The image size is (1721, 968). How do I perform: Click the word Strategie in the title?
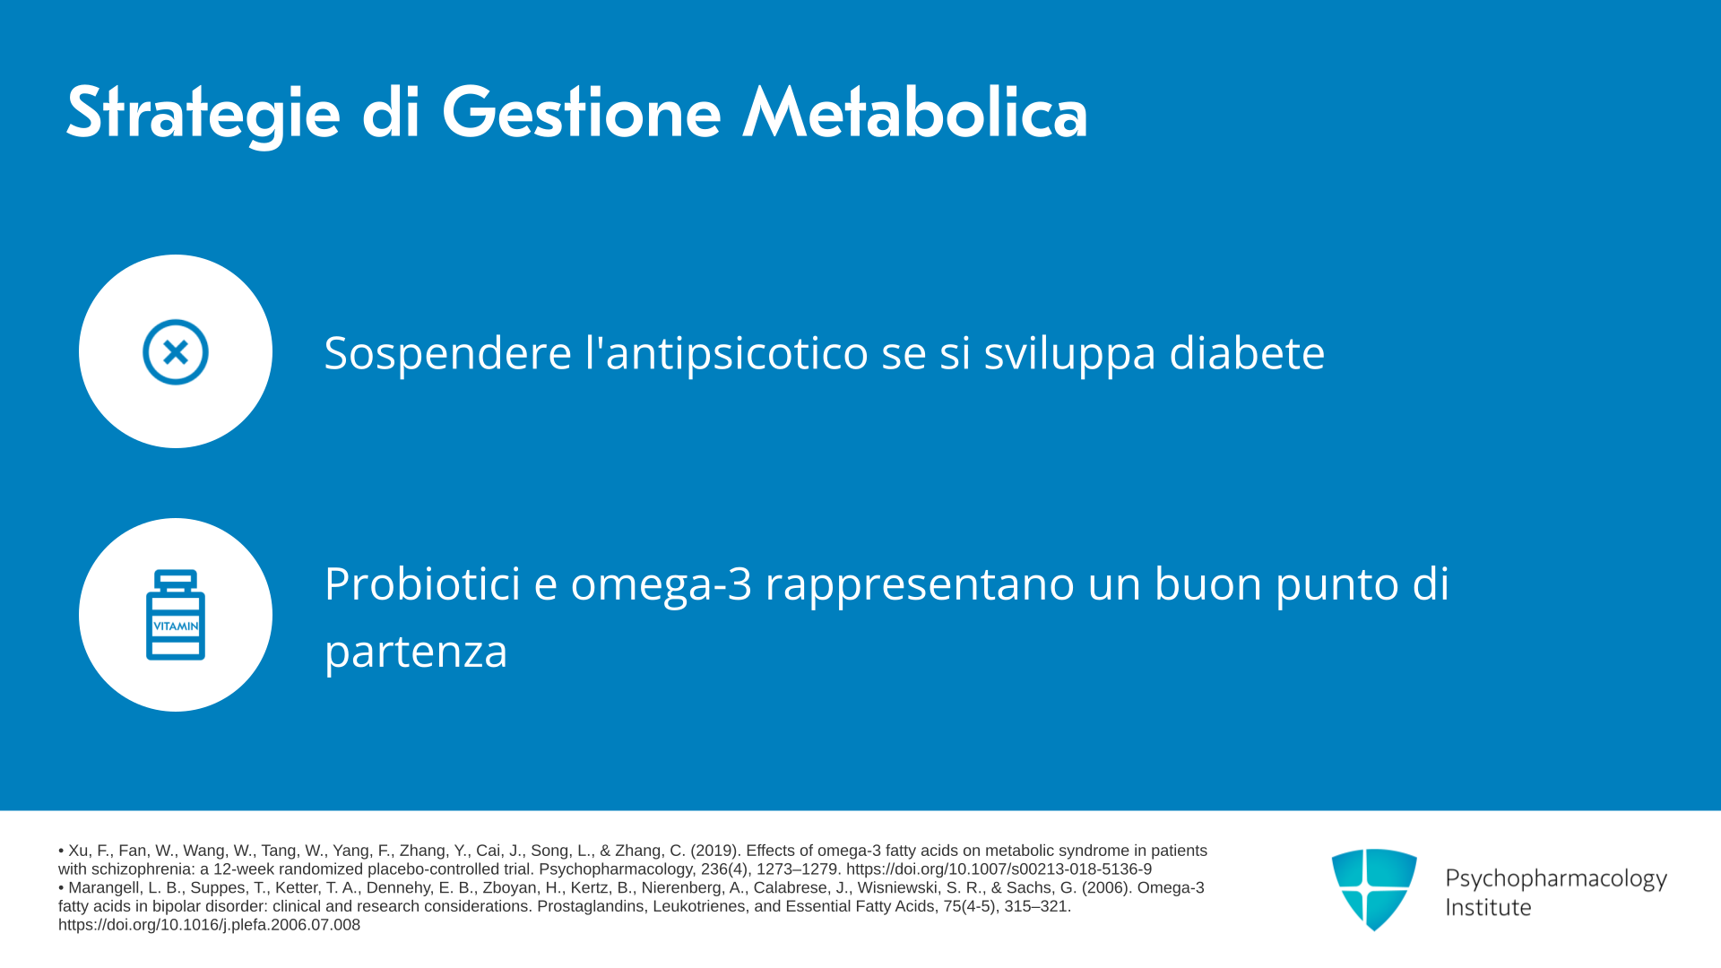coord(203,115)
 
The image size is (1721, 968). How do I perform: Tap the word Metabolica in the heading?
coord(915,113)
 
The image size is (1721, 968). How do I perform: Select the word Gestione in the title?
coord(581,113)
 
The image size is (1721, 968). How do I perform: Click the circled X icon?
coord(176,352)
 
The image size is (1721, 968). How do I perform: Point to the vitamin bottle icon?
coord(176,615)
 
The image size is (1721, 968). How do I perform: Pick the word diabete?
coord(1247,352)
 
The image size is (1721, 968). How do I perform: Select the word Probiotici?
coord(422,583)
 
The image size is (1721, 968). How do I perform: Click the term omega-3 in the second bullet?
coord(662,585)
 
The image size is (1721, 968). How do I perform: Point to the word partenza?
coord(416,653)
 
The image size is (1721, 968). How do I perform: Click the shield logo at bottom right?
coord(1374,889)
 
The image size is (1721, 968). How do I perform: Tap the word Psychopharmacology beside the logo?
coord(1556,879)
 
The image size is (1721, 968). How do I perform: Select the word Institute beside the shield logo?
coord(1489,908)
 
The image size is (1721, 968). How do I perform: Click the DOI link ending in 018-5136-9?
coord(999,869)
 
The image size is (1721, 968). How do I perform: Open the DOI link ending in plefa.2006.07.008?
coord(209,925)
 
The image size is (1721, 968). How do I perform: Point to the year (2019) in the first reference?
coord(715,851)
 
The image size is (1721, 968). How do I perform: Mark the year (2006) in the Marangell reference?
coord(1107,887)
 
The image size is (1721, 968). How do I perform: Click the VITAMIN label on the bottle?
coord(176,626)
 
